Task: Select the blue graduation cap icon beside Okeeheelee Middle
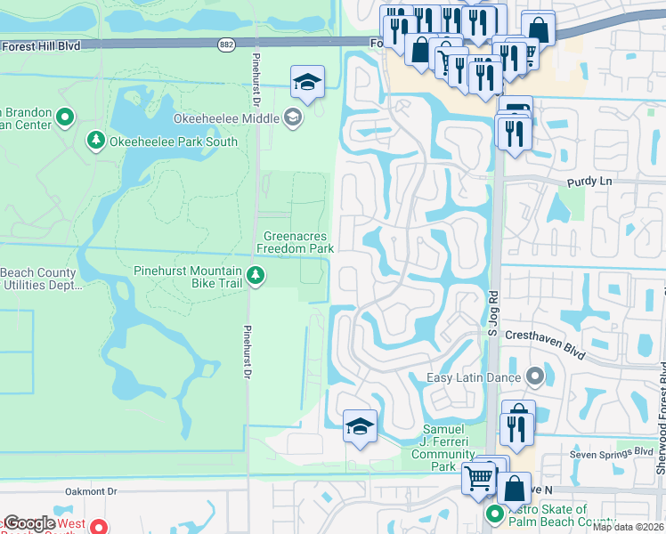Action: [x=307, y=83]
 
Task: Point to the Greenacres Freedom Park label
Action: [x=297, y=242]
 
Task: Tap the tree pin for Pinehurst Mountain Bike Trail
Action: [x=256, y=276]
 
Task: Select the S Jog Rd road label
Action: [x=491, y=316]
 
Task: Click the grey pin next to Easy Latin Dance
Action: [x=535, y=377]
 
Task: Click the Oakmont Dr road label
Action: [x=91, y=491]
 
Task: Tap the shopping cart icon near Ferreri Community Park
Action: [x=479, y=478]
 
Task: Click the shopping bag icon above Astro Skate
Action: [x=514, y=489]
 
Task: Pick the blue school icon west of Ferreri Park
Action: [x=360, y=427]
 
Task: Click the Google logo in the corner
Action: [x=29, y=523]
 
